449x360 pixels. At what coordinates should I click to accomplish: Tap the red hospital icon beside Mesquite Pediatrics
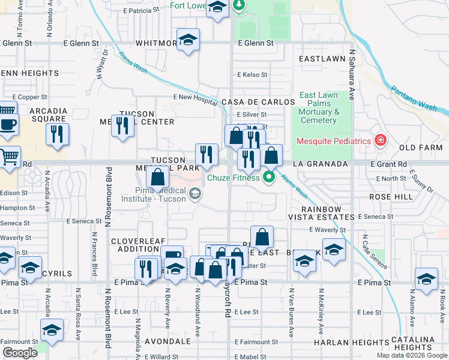click(x=380, y=141)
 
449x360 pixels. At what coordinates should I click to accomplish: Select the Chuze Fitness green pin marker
click(x=269, y=177)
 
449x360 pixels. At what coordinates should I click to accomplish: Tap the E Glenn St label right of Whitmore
click(x=255, y=43)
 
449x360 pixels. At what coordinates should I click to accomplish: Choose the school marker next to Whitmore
click(x=188, y=40)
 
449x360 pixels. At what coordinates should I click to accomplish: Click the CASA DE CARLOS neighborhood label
click(x=252, y=102)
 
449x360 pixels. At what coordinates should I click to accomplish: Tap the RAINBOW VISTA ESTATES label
click(x=315, y=212)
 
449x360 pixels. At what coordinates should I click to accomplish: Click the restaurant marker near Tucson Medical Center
click(x=122, y=126)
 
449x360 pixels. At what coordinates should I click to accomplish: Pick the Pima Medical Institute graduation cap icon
click(x=194, y=193)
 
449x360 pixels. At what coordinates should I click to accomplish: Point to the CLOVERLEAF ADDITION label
click(x=134, y=245)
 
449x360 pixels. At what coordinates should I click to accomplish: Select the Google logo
click(x=20, y=353)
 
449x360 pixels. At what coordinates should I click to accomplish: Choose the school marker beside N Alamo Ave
click(x=426, y=280)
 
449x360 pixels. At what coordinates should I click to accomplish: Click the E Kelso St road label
click(x=252, y=75)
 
